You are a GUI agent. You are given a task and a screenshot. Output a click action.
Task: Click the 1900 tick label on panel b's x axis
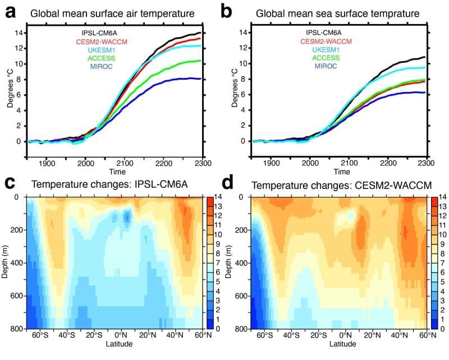coord(271,163)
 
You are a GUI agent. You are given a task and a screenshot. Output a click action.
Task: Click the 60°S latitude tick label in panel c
coord(39,336)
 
